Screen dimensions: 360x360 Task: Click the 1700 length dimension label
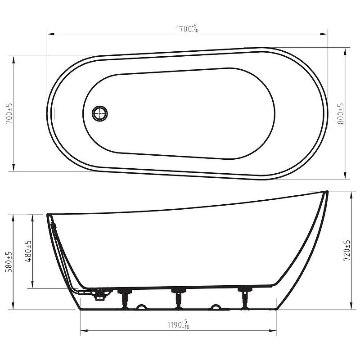[x=187, y=29]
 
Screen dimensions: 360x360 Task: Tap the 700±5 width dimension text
[x=9, y=114]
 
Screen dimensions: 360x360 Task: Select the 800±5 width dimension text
[x=341, y=114]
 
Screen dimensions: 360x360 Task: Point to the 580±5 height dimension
[x=9, y=262]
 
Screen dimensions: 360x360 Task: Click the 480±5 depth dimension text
[x=28, y=251]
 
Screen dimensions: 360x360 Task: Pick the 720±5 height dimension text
[x=346, y=251]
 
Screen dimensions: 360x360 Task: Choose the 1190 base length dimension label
[x=178, y=325]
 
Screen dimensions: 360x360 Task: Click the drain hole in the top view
[x=99, y=113]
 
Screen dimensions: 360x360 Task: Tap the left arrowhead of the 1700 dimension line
[x=51, y=34]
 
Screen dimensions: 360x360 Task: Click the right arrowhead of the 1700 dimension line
[x=324, y=34]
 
